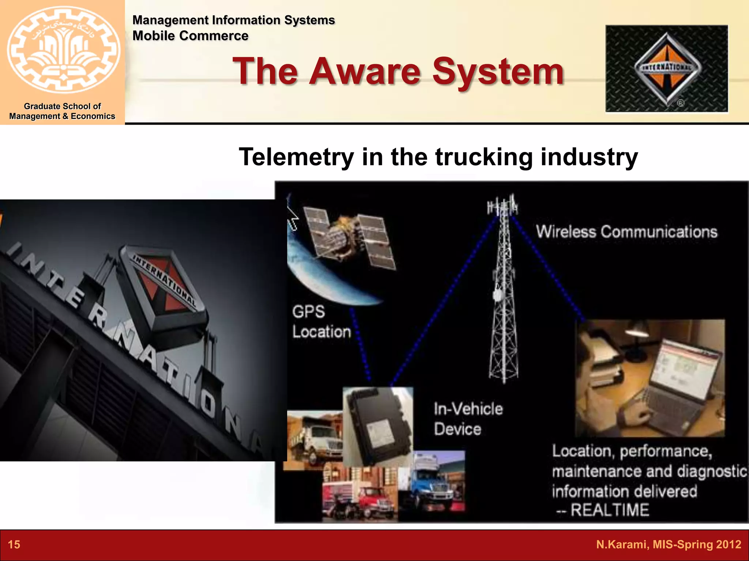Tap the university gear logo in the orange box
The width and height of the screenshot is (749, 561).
point(63,49)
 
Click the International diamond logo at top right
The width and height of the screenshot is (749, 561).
point(667,68)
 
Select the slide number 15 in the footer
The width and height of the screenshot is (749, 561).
point(14,545)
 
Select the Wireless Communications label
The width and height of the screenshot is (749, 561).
point(626,232)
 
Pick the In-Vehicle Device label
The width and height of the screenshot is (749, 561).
point(468,419)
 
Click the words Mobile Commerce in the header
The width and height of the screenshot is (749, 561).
point(190,36)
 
